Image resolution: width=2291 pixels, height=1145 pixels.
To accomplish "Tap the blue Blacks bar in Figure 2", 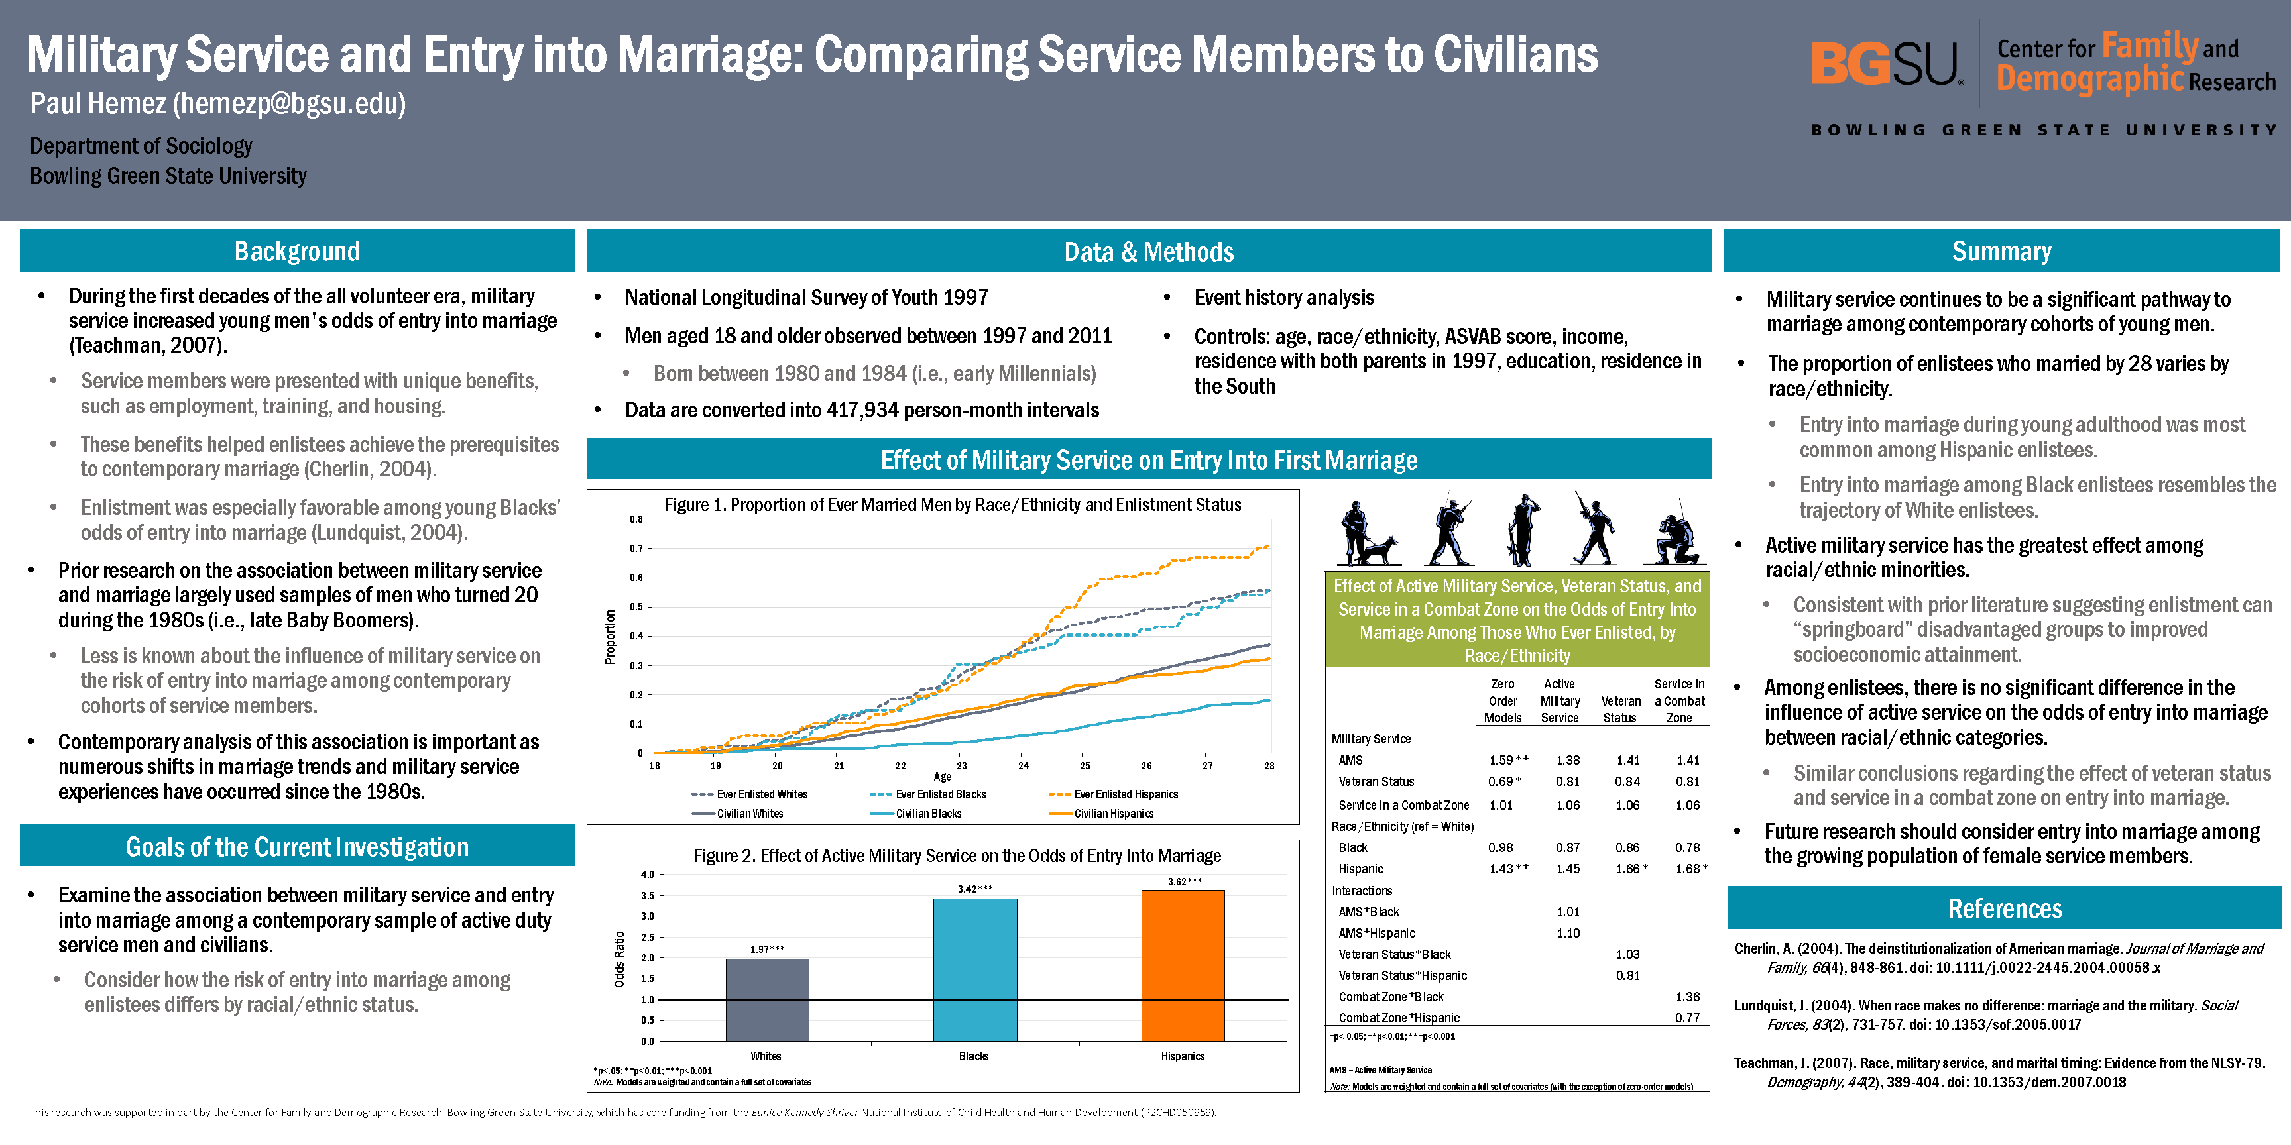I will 974,970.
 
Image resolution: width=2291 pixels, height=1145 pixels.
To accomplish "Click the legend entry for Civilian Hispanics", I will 1112,814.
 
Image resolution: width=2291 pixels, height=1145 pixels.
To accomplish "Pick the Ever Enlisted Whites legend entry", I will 761,794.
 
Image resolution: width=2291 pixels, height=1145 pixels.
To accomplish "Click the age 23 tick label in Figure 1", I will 961,765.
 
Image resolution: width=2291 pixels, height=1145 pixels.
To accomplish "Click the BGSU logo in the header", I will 1885,64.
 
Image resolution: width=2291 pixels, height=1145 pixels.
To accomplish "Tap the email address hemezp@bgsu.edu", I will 289,104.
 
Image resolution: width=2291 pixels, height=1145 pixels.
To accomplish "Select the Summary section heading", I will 2001,252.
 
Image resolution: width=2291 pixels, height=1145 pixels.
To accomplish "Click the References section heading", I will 2005,908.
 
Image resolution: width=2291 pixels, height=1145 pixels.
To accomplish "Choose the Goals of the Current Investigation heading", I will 297,847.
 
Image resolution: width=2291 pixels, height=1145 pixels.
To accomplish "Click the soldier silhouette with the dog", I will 1368,534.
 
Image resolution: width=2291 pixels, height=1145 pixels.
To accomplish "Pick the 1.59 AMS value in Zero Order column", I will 1502,760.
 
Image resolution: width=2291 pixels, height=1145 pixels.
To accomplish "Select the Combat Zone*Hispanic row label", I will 1399,1018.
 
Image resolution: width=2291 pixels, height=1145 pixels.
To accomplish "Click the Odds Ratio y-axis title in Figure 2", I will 619,958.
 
